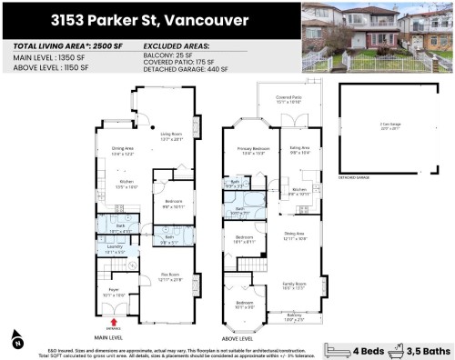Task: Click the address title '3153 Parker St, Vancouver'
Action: pos(150,18)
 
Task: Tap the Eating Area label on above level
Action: pos(300,149)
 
